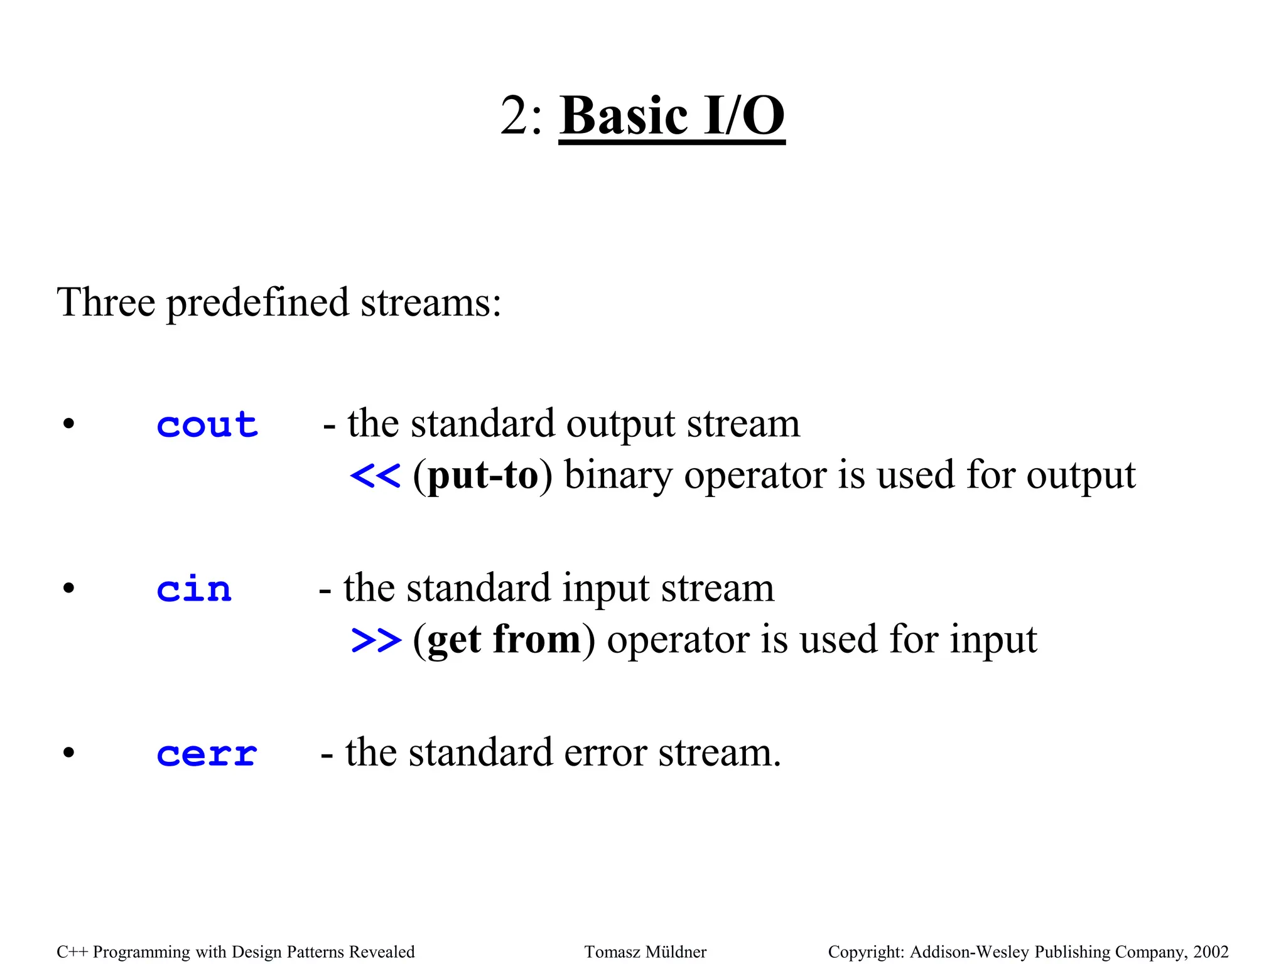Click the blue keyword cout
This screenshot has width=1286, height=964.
[207, 426]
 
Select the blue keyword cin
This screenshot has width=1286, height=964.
[194, 590]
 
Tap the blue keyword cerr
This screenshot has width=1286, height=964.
[207, 754]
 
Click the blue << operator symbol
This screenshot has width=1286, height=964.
[375, 476]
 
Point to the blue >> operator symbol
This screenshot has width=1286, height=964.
[376, 640]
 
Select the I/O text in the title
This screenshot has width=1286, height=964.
[743, 116]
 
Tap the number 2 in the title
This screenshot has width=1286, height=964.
[514, 116]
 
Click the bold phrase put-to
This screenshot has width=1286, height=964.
[483, 476]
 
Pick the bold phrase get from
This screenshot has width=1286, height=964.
[504, 640]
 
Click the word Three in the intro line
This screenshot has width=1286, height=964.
[105, 303]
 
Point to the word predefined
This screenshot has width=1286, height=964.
[257, 303]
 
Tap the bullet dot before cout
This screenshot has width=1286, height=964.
[68, 424]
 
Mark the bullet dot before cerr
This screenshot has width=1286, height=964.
[68, 752]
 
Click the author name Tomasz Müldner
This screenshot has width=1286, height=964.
[645, 952]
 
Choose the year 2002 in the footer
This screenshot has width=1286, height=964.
[1211, 952]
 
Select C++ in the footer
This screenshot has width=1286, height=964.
[72, 952]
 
